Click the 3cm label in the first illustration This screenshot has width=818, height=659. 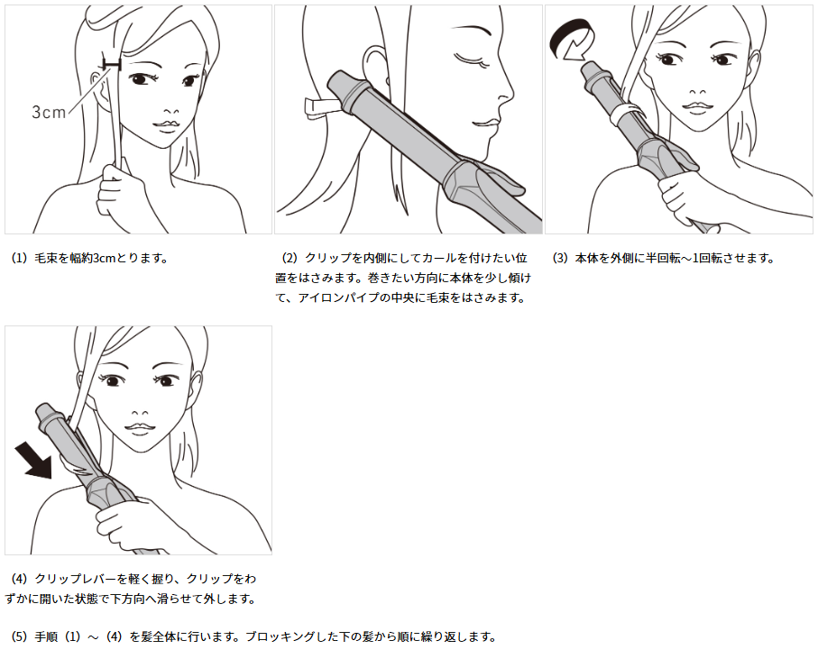49,112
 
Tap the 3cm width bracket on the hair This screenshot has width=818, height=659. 112,64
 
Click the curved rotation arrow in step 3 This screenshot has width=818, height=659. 571,38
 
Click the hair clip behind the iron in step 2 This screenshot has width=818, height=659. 320,105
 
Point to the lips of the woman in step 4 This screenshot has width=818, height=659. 139,428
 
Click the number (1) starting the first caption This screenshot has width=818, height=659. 19,258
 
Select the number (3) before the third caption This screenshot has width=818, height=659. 560,258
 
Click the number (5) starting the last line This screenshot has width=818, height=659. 19,636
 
